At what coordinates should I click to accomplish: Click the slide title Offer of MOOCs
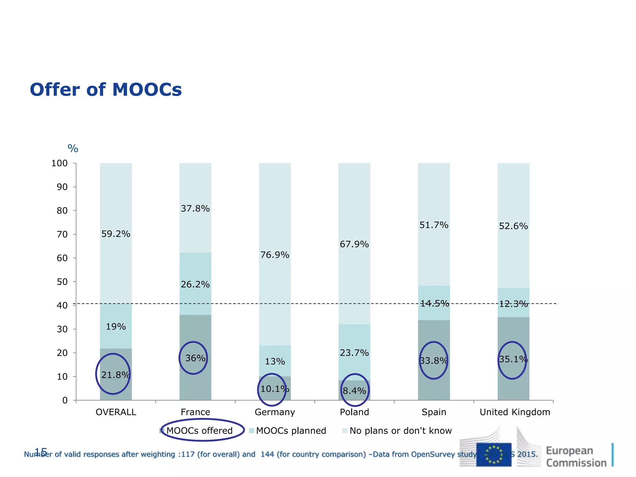[x=106, y=90]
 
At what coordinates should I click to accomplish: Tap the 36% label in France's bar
[x=195, y=358]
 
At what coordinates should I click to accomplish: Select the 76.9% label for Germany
[x=275, y=255]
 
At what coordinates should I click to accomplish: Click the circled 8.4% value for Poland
[x=354, y=391]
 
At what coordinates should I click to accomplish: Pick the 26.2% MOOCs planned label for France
[x=195, y=284]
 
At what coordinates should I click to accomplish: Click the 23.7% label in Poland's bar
[x=354, y=353]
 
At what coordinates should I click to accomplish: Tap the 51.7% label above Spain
[x=434, y=225]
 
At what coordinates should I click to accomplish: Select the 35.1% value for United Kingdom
[x=513, y=359]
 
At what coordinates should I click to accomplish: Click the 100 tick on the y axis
[x=59, y=163]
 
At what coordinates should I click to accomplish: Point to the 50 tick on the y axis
[x=62, y=282]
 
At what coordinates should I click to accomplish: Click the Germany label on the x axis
[x=275, y=412]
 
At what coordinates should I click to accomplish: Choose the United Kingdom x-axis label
[x=515, y=412]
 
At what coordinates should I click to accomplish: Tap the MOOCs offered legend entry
[x=199, y=431]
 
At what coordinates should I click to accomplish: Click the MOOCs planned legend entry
[x=291, y=431]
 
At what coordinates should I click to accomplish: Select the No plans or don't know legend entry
[x=400, y=431]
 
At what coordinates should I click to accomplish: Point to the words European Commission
[x=576, y=457]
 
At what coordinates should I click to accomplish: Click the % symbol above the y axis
[x=73, y=149]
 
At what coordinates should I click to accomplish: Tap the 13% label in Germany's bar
[x=275, y=361]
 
